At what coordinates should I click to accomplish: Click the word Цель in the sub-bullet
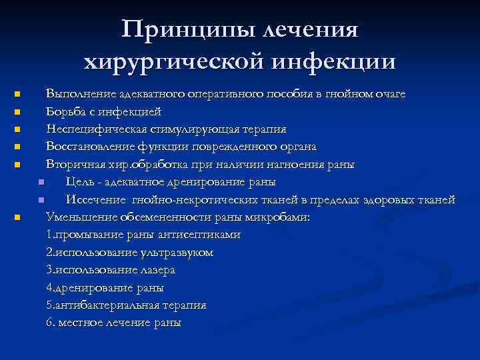click(79, 181)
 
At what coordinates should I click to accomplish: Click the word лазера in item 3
click(157, 270)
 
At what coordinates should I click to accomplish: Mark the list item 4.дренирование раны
click(105, 287)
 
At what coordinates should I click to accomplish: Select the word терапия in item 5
click(181, 305)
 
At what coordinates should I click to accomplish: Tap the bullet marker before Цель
click(41, 182)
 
